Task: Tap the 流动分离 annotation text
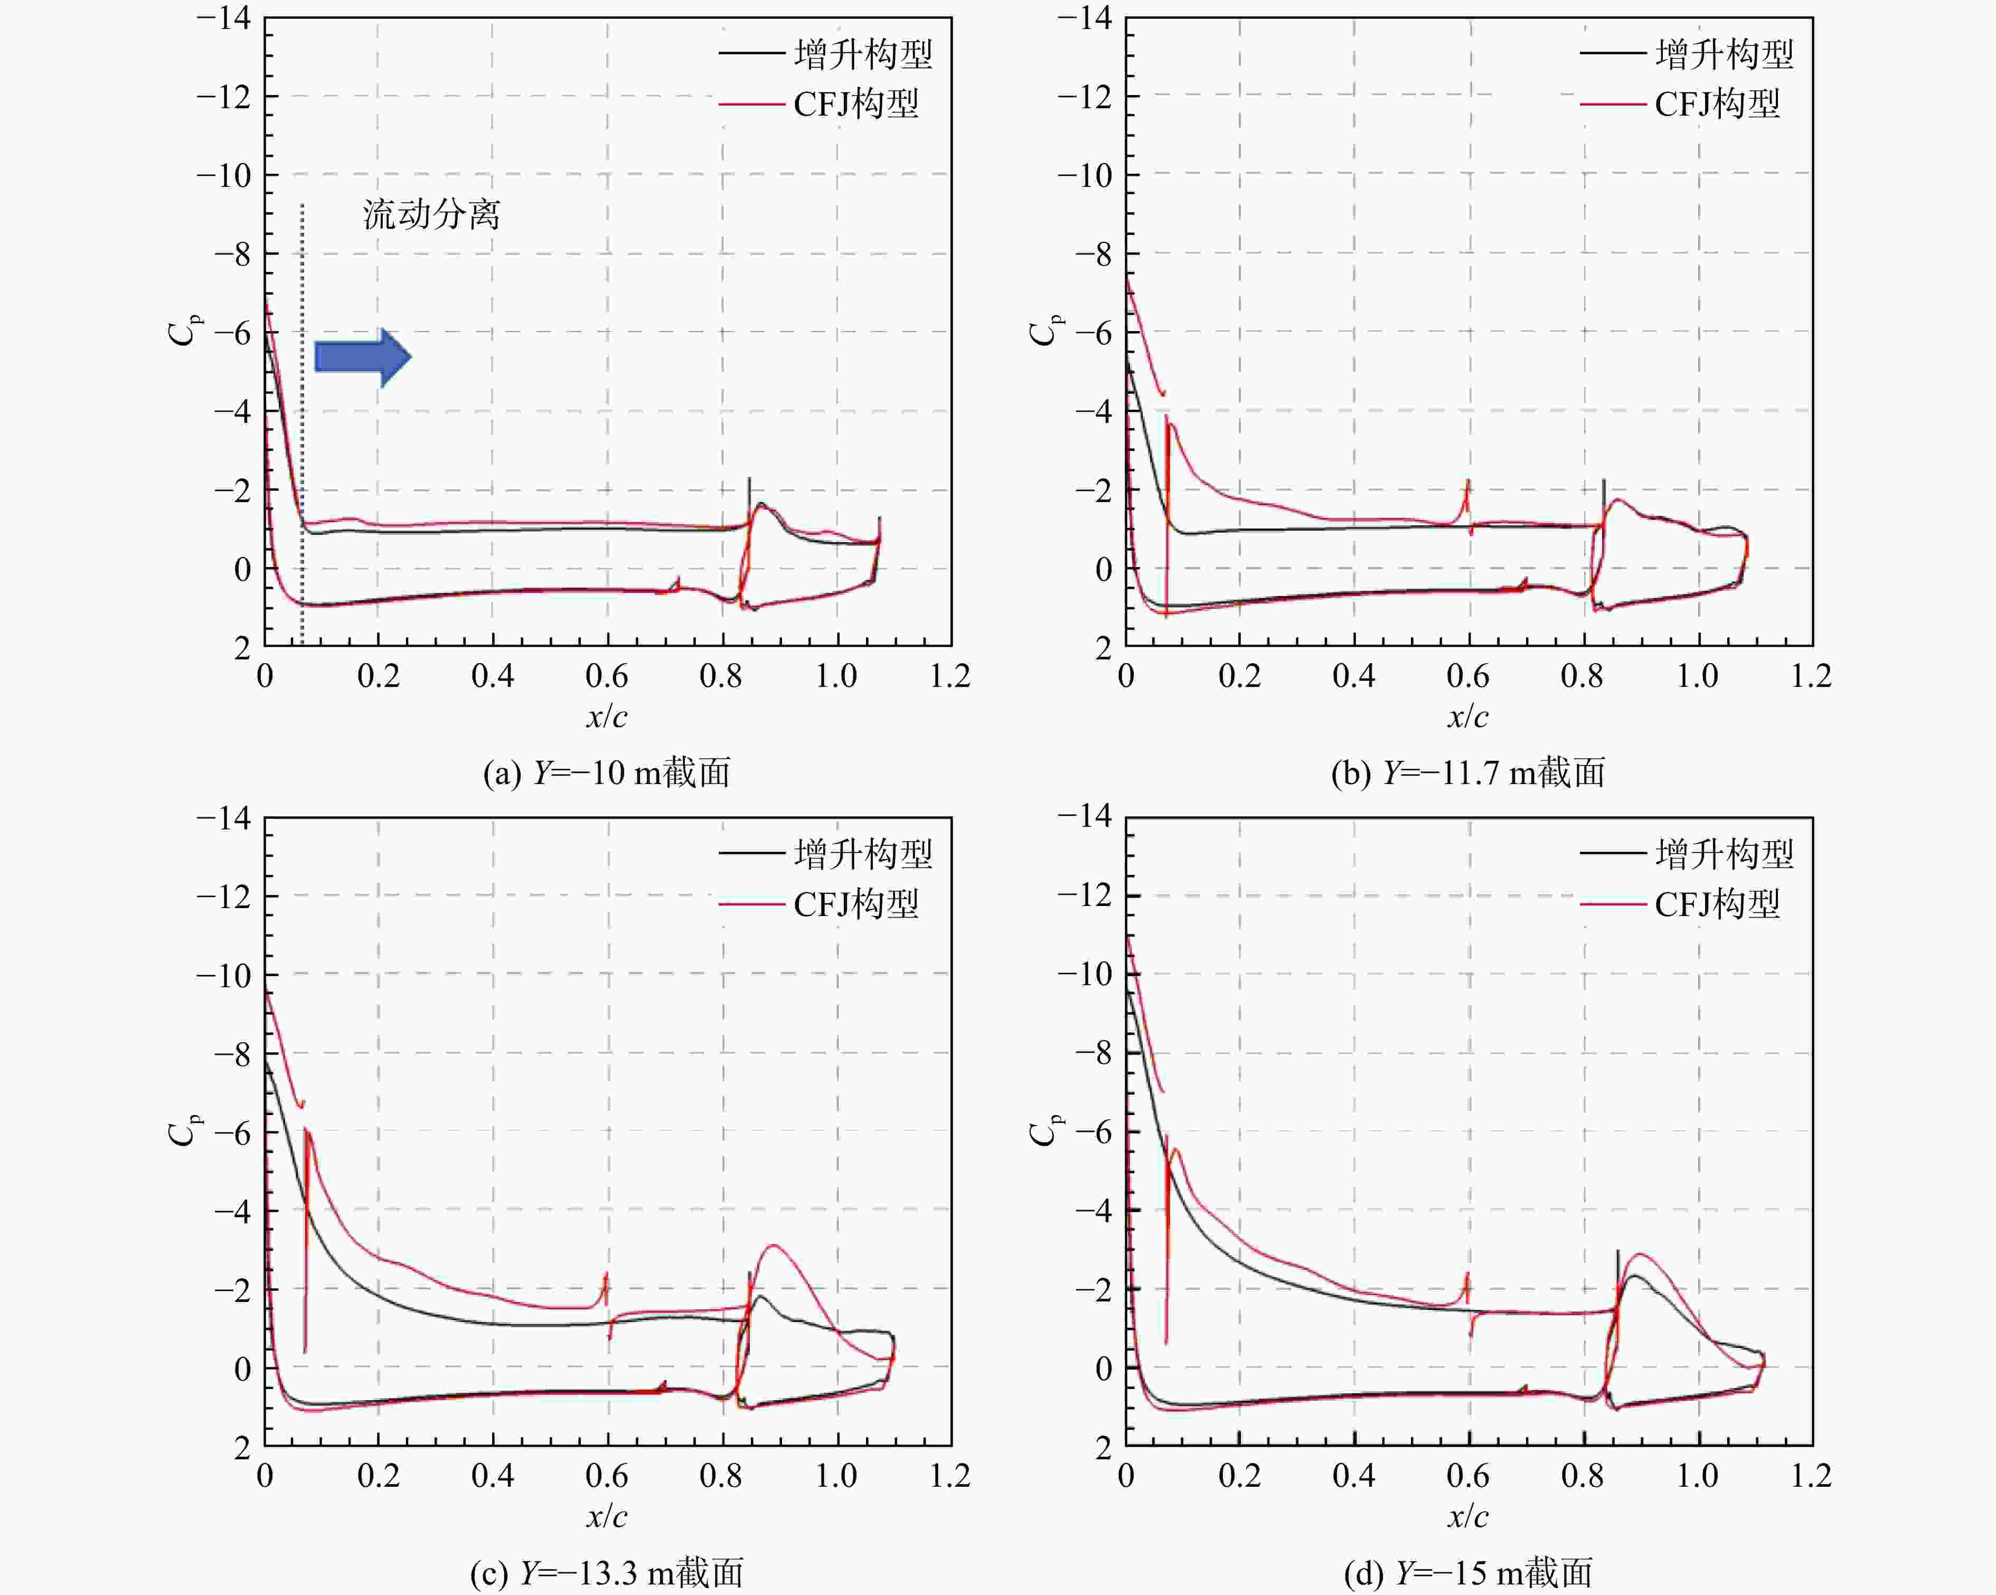[x=431, y=215]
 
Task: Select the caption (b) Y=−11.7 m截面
[x=1468, y=772]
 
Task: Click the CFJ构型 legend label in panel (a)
[x=856, y=103]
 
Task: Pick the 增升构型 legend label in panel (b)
[x=1725, y=54]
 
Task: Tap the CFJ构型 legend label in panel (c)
[x=856, y=903]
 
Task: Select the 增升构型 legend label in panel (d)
[x=1725, y=854]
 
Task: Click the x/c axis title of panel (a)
[x=606, y=715]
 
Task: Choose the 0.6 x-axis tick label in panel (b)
[x=1468, y=676]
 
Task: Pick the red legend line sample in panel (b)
[x=1613, y=103]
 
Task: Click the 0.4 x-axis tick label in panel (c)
[x=493, y=1476]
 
